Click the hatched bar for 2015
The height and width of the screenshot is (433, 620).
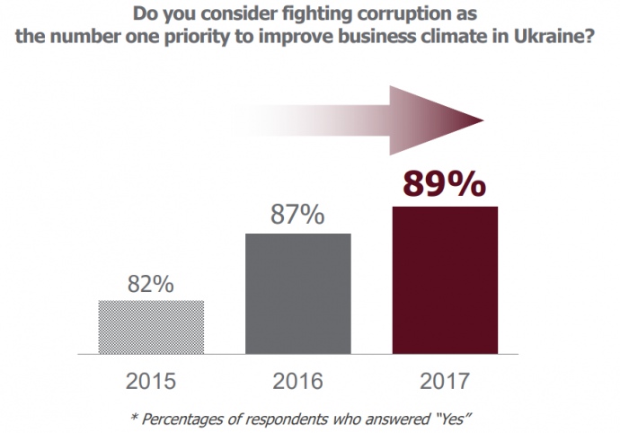tap(151, 326)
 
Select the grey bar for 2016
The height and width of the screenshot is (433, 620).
tap(297, 292)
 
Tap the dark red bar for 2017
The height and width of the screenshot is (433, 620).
tap(444, 278)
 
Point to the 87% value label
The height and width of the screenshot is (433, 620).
tap(297, 216)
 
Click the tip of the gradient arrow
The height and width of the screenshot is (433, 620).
tap(483, 120)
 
